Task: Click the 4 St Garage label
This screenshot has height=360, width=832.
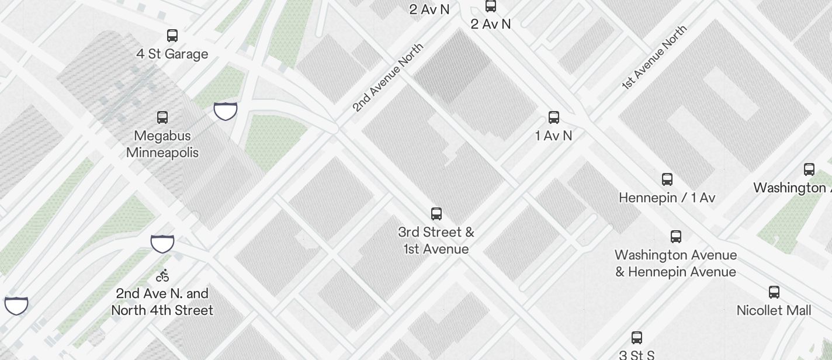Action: coord(172,54)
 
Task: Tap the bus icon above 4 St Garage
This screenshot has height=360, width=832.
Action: coord(172,36)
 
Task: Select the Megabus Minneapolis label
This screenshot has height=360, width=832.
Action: coord(162,144)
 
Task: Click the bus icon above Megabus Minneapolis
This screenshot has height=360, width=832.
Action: coord(162,117)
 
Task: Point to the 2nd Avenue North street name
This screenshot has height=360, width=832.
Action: coord(387,77)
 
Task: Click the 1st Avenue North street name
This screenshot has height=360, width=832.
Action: coord(654,57)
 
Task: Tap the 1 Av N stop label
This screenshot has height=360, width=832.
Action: coord(553,136)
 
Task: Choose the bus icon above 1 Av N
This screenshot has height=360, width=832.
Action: coord(554,117)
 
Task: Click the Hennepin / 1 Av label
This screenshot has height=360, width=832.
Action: coord(667,198)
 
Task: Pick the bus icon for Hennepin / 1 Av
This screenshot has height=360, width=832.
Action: coord(667,179)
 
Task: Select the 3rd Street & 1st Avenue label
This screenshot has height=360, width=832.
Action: coord(436,240)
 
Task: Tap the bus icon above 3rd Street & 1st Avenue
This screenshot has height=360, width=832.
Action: coord(436,213)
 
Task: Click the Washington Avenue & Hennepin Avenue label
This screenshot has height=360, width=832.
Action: coord(675,263)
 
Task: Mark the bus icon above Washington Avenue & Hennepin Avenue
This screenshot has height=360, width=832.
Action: coord(676,237)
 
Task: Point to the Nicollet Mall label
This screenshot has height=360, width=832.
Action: coord(774,310)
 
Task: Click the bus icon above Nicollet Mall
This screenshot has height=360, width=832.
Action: coord(774,292)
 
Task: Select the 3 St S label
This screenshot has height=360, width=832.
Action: coord(636,354)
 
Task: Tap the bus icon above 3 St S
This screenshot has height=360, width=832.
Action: coord(637,338)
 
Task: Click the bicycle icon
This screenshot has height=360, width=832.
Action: coord(162,275)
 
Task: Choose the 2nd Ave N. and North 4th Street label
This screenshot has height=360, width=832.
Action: coord(162,302)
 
